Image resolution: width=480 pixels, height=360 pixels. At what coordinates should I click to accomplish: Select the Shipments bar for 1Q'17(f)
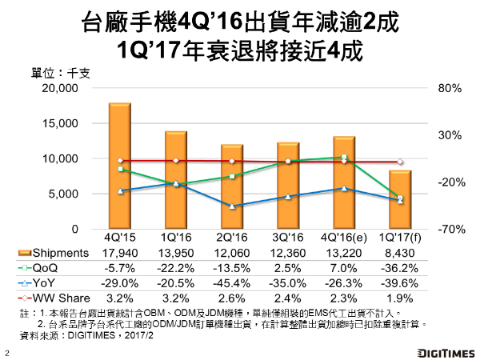pos(401,200)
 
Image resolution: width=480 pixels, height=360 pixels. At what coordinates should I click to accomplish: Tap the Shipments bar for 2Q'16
pos(232,186)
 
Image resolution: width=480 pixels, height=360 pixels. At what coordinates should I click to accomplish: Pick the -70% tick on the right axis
pos(446,230)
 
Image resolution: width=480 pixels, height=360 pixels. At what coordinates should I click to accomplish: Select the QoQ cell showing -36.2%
pos(401,267)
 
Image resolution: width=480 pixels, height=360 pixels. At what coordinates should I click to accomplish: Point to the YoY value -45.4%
pos(232,282)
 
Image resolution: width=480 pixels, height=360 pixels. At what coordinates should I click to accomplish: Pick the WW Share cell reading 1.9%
pos(401,296)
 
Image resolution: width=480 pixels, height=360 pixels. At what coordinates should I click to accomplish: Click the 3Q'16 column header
pos(288,238)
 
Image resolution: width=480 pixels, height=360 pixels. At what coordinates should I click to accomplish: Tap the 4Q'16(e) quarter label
pos(344,238)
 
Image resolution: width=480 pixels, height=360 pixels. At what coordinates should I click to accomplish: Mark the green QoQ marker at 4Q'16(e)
pos(344,158)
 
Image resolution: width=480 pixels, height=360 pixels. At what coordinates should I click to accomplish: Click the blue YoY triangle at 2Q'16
pos(232,206)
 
